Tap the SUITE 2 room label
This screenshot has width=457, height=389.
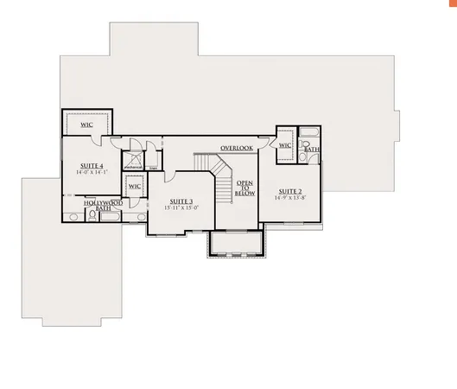pos(289,190)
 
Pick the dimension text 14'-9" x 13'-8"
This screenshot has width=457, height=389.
pos(289,197)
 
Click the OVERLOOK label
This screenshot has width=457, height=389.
pos(236,148)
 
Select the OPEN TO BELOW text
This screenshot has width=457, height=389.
pos(244,189)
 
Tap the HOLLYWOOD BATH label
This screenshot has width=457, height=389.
pos(103,205)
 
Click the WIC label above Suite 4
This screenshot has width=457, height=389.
pos(87,124)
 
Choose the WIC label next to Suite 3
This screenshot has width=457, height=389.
pos(134,186)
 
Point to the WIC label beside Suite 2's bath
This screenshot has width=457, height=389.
pos(285,145)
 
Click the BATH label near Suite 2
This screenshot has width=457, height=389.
pos(312,150)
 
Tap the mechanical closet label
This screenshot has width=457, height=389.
pos(133,168)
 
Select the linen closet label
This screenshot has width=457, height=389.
pos(154,168)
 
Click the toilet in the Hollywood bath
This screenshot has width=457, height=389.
pos(92,216)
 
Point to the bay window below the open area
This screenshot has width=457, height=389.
pos(235,244)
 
